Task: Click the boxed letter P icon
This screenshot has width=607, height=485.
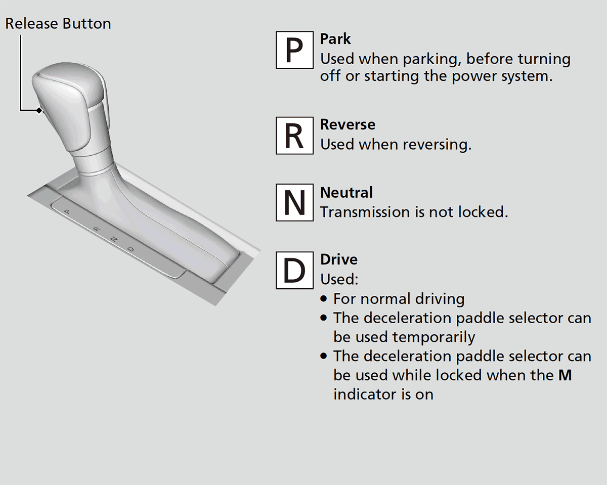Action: coord(294,50)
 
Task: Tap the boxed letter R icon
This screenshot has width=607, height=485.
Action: coord(294,136)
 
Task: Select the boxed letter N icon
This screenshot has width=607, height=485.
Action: coord(294,202)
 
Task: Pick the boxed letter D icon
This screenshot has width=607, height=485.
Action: coord(294,270)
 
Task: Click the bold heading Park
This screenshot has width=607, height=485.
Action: coord(335,39)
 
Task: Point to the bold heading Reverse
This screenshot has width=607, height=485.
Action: coord(348,124)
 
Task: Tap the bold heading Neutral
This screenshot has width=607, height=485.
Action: coord(346,192)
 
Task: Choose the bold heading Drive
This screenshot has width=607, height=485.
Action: coord(339,259)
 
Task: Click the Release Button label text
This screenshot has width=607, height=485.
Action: coord(58,24)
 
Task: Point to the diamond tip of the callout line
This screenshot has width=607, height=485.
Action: coord(38,110)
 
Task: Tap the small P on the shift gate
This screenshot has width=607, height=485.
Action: coord(67,211)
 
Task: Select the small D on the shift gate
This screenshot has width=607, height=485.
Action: coord(131,249)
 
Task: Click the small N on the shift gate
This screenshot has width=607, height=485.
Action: coord(114,239)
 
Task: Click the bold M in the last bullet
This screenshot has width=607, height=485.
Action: coord(565,376)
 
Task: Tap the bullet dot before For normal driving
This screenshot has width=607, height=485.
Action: coord(324,299)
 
